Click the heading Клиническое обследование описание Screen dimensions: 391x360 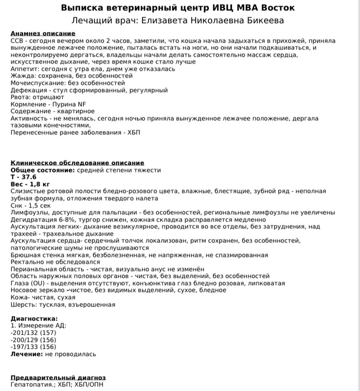(78, 163)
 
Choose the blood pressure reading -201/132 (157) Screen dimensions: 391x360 (33, 333)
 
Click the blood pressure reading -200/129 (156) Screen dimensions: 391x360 (33, 340)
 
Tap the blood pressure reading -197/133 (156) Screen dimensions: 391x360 (33, 347)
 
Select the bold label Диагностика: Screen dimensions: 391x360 (34, 318)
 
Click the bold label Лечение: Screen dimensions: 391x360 (26, 354)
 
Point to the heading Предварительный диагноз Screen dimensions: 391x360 (58, 378)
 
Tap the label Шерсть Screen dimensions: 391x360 (22, 305)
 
